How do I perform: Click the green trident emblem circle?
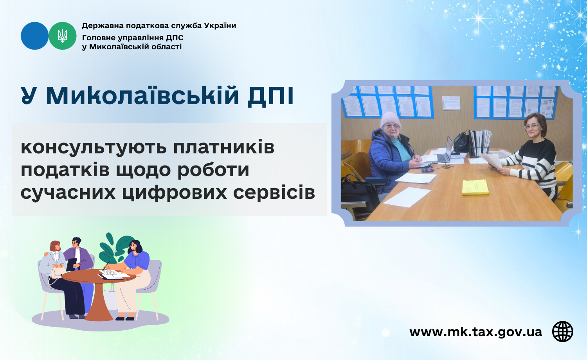coord(62,36)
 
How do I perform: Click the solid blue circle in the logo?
coord(34,36)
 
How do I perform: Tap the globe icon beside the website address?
coord(562,331)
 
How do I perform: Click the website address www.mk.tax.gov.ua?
coord(475,332)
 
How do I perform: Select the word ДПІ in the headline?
coord(270,95)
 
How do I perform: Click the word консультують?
coord(94,147)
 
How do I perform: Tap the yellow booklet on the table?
coord(475,187)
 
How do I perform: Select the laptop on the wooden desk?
coord(444,151)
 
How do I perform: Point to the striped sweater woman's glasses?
coord(532,126)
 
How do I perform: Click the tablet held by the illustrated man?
coord(71,265)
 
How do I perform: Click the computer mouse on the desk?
coord(427,170)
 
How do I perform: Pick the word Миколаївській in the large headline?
coord(142,95)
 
